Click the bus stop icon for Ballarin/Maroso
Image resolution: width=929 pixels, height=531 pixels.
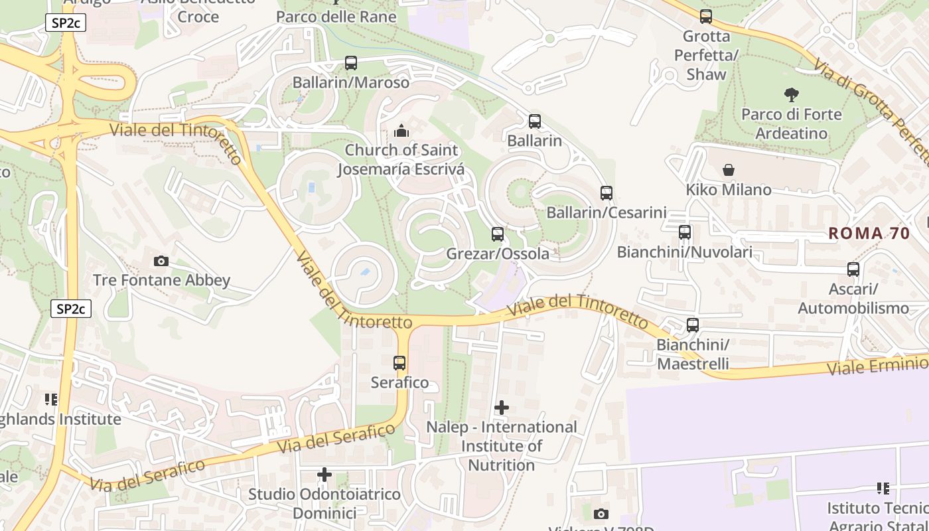351,63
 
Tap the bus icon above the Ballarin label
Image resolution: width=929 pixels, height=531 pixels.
535,121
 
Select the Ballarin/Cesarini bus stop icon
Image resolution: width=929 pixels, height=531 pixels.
607,193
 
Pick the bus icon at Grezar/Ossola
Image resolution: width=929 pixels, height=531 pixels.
498,234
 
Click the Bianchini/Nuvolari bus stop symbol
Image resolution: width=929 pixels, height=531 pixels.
685,232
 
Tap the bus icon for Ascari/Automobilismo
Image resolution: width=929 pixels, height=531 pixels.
853,269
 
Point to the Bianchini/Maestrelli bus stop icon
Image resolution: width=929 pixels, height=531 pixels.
693,325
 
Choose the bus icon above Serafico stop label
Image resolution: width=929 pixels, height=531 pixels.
399,363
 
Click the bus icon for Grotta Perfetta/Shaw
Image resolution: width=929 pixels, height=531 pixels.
706,17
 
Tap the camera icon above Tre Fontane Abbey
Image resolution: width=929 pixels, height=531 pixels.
161,261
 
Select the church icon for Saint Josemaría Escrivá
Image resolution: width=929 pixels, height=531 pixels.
401,131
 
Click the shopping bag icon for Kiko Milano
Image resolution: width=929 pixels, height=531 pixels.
729,170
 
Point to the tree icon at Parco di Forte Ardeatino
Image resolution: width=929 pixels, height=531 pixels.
791,94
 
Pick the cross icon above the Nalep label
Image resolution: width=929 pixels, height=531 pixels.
502,407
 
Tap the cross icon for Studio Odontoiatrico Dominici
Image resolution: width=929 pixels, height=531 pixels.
324,475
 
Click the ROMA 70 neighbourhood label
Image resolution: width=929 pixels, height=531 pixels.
869,233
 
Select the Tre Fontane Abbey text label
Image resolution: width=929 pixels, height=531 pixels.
161,280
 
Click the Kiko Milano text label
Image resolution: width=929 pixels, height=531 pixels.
729,190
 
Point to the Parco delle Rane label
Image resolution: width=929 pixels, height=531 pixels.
336,17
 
